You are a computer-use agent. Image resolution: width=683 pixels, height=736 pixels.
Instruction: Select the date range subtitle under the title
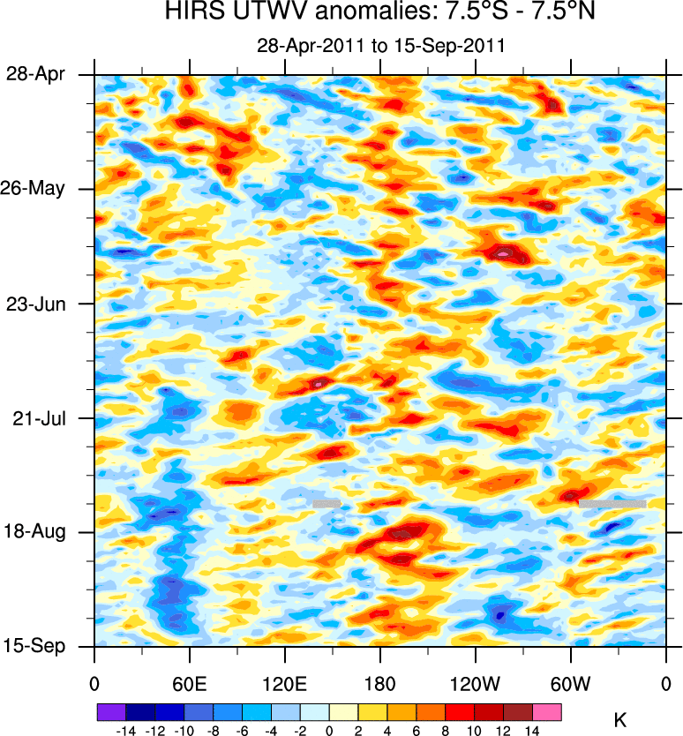pos(380,46)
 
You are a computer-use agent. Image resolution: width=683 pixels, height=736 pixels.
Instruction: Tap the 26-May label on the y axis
pos(36,189)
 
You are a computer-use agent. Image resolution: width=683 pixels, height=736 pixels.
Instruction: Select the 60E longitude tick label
pos(189,683)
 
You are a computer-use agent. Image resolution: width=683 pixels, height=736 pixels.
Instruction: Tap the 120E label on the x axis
pos(284,683)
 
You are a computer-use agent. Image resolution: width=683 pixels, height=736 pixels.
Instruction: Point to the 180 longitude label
pos(379,683)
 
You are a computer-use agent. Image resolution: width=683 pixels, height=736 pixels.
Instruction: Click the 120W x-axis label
pos(475,683)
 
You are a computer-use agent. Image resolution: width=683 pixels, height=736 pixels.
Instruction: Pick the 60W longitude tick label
pos(570,683)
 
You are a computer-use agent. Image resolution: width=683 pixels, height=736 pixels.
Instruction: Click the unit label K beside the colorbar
pos(619,721)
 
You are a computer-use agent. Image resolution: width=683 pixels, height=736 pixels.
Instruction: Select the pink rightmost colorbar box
pos(547,710)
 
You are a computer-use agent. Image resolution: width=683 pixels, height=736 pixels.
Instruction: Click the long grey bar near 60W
pos(612,503)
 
